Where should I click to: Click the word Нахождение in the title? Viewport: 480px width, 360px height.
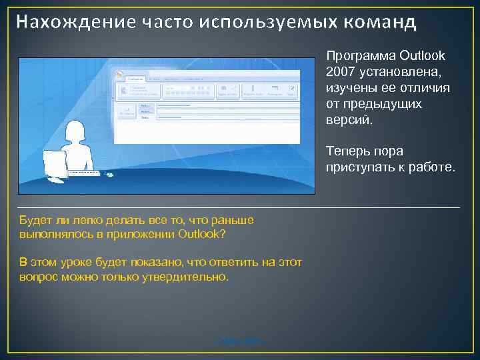[x=74, y=22]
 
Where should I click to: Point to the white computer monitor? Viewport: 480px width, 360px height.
[x=55, y=163]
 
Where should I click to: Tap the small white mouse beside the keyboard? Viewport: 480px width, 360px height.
[x=109, y=175]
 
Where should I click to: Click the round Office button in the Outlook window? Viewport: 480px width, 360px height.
[x=120, y=74]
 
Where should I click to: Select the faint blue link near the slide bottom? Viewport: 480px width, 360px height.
[x=239, y=341]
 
